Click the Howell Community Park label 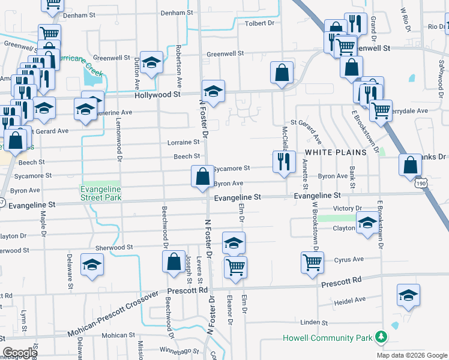[x=328, y=338]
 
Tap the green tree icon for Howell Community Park [x=379, y=337]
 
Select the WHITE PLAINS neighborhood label [x=333, y=153]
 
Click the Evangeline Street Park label [x=101, y=193]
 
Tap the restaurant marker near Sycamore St [x=283, y=161]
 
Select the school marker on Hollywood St [x=213, y=91]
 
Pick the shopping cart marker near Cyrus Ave [x=313, y=262]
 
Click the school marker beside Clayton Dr [x=367, y=224]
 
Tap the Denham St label [x=177, y=12]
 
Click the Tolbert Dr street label [x=259, y=23]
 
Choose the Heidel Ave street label [x=352, y=299]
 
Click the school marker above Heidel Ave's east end [x=408, y=295]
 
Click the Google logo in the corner [x=20, y=353]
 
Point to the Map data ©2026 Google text [x=412, y=355]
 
